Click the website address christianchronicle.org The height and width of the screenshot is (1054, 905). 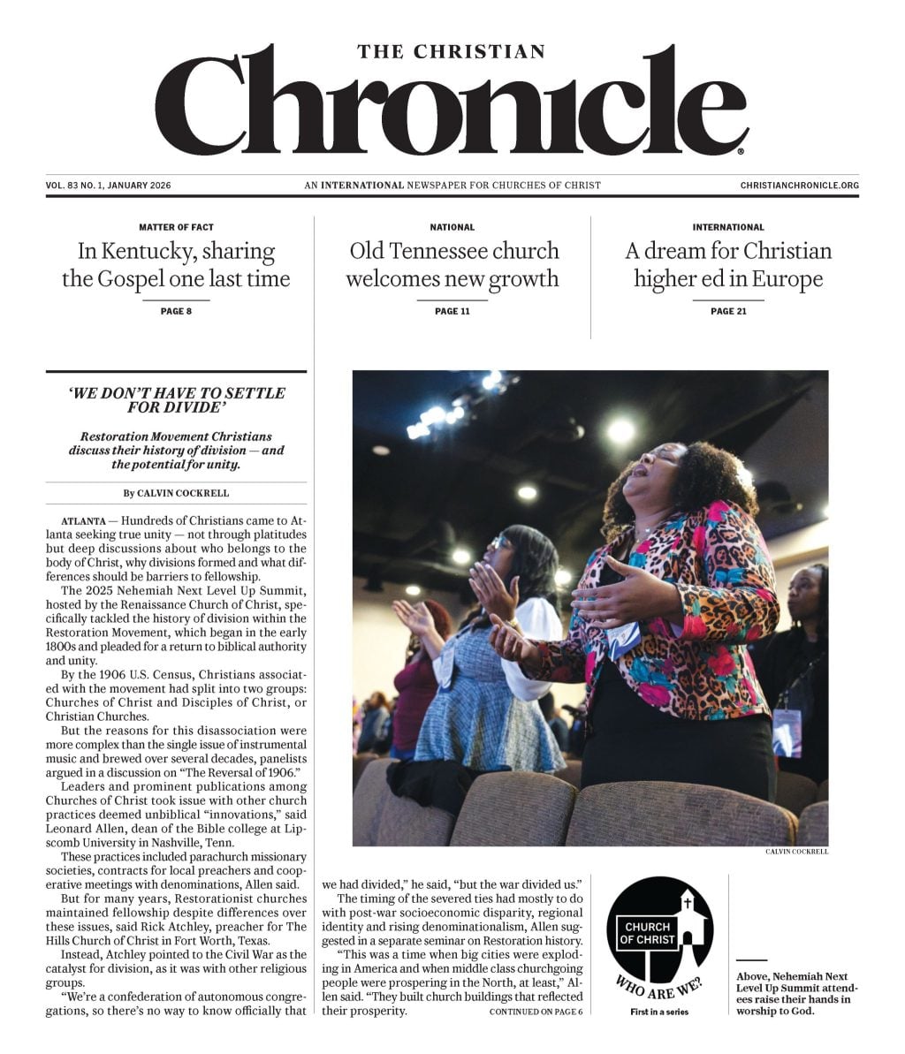coord(799,186)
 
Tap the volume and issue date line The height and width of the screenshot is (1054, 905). coord(108,186)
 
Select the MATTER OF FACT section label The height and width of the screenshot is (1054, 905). coord(176,227)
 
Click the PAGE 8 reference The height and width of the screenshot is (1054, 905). coord(176,311)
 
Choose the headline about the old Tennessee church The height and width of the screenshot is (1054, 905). coord(452,265)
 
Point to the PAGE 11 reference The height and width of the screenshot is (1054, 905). coord(452,311)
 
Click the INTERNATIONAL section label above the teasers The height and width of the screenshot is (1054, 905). coord(728,227)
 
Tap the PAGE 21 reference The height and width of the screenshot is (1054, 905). coord(728,311)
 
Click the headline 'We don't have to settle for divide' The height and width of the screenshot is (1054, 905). coord(177,400)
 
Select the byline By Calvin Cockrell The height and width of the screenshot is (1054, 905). coord(176,493)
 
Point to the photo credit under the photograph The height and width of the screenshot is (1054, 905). coord(796,853)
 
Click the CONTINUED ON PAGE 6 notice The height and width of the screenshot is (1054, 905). coord(536,1012)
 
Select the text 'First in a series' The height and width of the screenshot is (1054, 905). coord(659,1012)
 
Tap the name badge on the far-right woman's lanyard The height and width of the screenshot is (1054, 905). coord(787,729)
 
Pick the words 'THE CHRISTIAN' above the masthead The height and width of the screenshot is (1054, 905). coord(452,52)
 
